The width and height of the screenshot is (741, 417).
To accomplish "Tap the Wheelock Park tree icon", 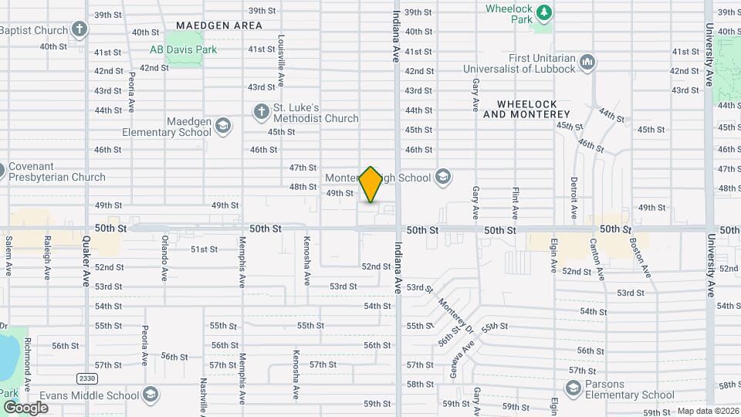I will tap(544, 12).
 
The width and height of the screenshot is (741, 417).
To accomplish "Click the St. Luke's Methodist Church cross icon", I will tap(260, 113).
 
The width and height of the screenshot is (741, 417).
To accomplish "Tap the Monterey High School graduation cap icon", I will tap(442, 178).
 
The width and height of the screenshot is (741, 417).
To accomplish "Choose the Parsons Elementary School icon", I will tap(572, 389).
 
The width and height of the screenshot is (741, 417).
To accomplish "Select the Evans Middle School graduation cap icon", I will tap(151, 395).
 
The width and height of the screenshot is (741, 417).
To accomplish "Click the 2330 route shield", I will tap(86, 378).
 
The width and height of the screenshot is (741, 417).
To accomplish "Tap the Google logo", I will tap(25, 407).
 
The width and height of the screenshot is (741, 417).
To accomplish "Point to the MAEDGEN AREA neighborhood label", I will tap(219, 25).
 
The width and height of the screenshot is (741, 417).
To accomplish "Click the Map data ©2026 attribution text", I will tap(706, 411).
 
